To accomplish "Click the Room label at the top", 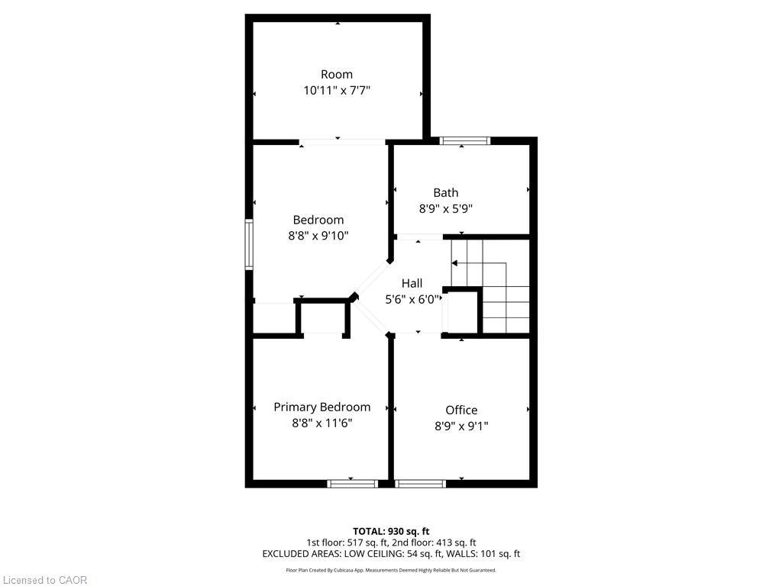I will (x=337, y=74).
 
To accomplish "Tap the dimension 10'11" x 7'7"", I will (x=337, y=90).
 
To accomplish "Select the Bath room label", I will (x=446, y=192).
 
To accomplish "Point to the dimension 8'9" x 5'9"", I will (x=446, y=208).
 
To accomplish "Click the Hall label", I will (x=412, y=283).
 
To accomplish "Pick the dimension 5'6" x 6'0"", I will (x=412, y=299).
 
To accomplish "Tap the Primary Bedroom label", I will (x=322, y=407).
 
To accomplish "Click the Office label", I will (x=461, y=410).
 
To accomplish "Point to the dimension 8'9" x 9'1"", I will (x=461, y=426).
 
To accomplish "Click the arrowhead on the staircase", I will (x=454, y=262).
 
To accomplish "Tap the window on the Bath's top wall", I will (x=464, y=140).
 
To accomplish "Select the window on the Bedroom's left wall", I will (x=249, y=244).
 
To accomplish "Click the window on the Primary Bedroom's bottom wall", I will (x=353, y=483).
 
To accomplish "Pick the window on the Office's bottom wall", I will (x=421, y=483).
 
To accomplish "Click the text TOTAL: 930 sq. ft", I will (x=391, y=531).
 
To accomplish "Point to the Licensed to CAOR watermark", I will (x=44, y=580).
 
